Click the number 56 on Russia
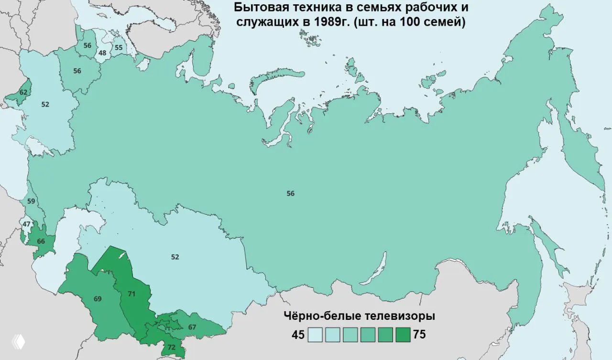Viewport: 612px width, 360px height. pos(290,194)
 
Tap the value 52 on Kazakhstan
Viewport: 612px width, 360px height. pos(175,257)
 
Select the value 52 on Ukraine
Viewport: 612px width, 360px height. pos(45,104)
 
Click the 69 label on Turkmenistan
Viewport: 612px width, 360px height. pos(98,299)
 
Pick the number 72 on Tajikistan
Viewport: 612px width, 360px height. pos(172,347)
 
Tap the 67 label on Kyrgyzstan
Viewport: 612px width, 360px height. pos(192,327)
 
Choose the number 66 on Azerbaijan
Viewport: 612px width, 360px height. pos(41,241)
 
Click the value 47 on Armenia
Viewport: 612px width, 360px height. pos(26,224)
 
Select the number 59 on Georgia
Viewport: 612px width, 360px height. pos(31,201)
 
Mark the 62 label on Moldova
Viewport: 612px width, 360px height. pos(22,92)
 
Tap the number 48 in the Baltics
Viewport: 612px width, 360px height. pos(102,53)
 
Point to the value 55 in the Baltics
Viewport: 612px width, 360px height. pos(118,47)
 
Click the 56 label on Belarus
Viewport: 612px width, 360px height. pos(77,71)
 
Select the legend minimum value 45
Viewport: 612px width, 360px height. pos(298,335)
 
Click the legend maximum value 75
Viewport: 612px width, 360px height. pos(419,335)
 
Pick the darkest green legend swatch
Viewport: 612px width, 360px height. pos(403,335)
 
